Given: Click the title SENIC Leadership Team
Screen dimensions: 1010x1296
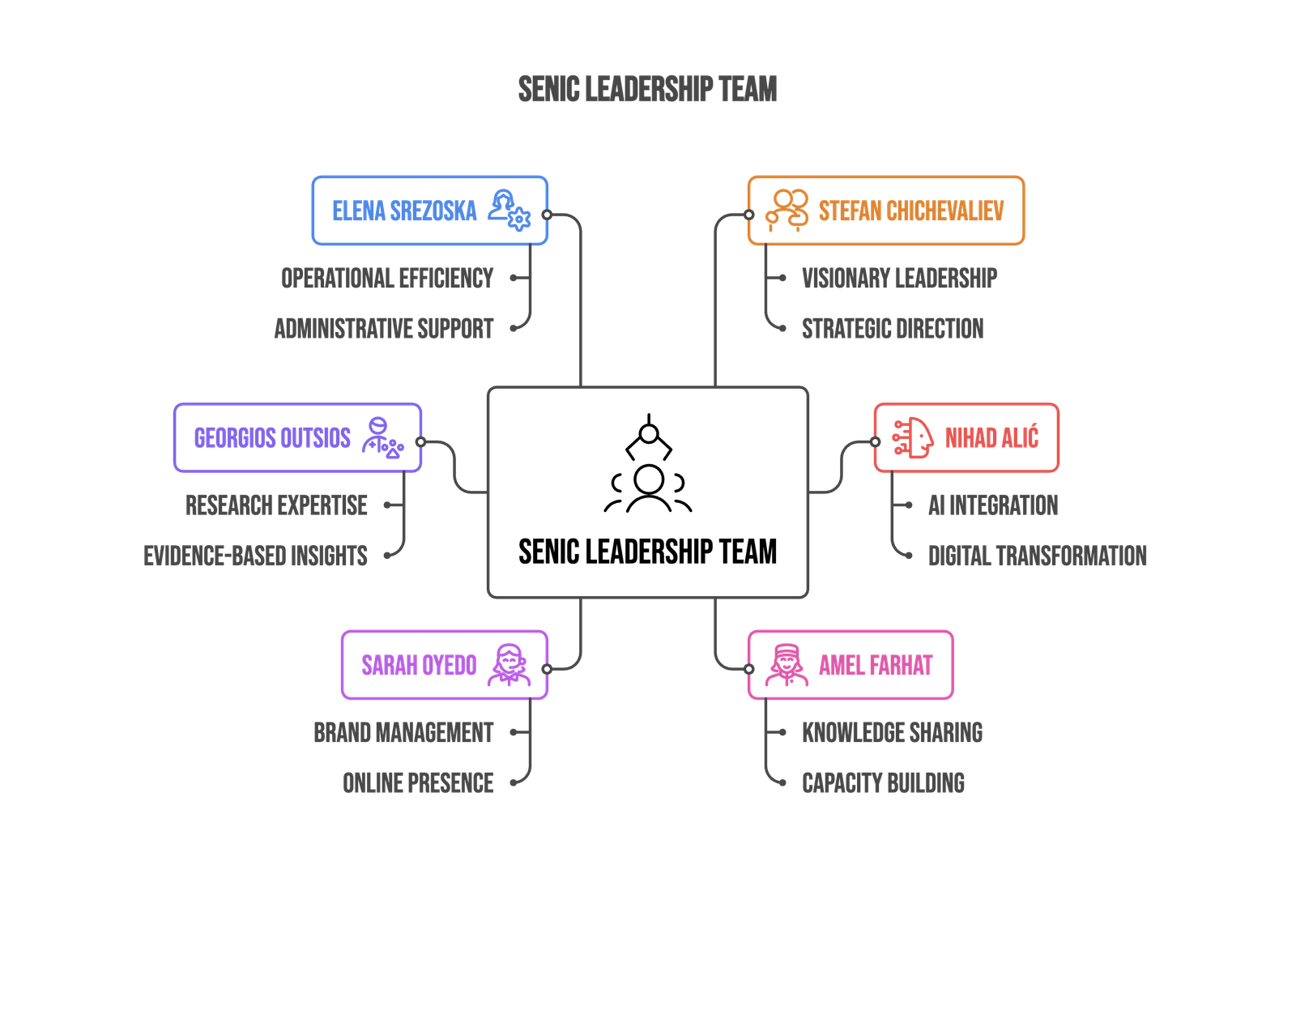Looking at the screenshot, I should pos(647,89).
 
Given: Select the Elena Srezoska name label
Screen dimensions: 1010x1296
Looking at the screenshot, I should pos(404,211).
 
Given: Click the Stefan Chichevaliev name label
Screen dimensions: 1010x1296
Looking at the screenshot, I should pos(910,211).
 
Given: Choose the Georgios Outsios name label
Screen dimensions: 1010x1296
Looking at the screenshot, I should pos(271,438).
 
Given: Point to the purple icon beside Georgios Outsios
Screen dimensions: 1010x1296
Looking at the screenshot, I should pos(382,438).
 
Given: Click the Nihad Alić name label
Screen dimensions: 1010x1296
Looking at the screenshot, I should pos(991,438).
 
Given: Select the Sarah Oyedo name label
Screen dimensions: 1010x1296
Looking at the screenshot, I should pos(419,665).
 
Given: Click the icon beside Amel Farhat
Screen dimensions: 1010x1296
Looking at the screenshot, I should pos(785,665).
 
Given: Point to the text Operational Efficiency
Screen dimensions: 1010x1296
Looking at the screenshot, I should pos(387,278).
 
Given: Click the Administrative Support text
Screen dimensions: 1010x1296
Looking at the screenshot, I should pos(384,328).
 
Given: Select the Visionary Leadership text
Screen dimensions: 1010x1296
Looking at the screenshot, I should pos(899,278).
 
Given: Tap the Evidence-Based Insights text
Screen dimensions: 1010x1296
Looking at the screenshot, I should pos(255,556).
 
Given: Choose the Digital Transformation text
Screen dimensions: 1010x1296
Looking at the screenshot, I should pos(1037,556).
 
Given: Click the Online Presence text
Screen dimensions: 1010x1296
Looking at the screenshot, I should pos(418,782).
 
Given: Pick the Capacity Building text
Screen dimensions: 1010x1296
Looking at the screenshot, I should pos(884,782).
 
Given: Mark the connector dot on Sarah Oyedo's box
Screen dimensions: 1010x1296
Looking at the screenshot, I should pos(547,669).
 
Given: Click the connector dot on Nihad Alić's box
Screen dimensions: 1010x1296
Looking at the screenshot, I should pos(876,442).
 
